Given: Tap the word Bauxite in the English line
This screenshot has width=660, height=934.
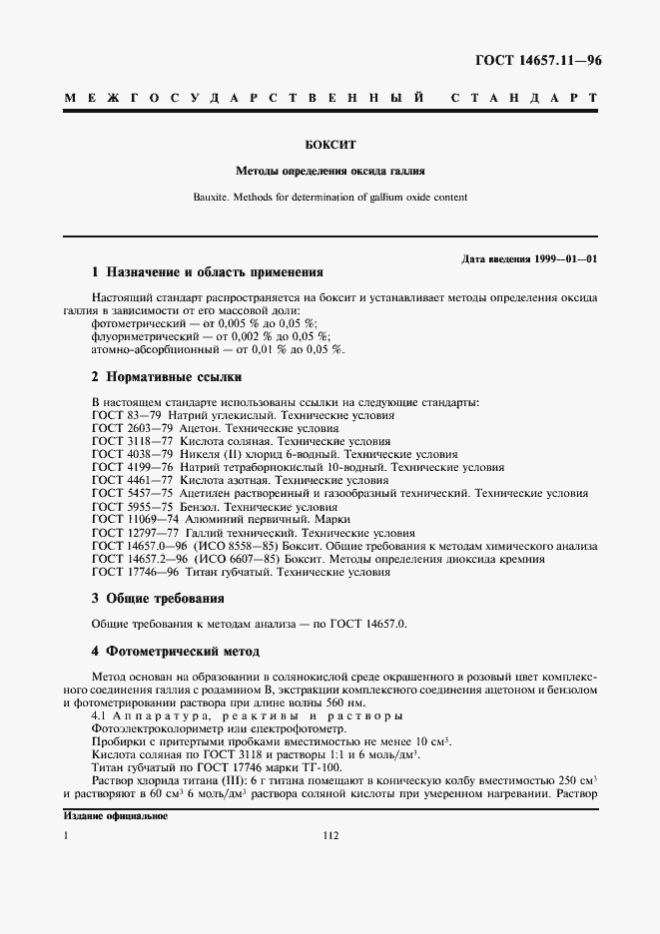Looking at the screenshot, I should coord(212,197).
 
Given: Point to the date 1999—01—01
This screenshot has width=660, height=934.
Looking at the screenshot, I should coord(563,259).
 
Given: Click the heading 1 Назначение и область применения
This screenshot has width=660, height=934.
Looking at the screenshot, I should coord(207,271).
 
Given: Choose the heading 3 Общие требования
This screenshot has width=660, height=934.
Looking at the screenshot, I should coord(157,598).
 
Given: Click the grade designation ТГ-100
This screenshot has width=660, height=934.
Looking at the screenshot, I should coord(319,767).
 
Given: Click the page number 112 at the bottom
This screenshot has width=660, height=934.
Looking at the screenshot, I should coord(330,836).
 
